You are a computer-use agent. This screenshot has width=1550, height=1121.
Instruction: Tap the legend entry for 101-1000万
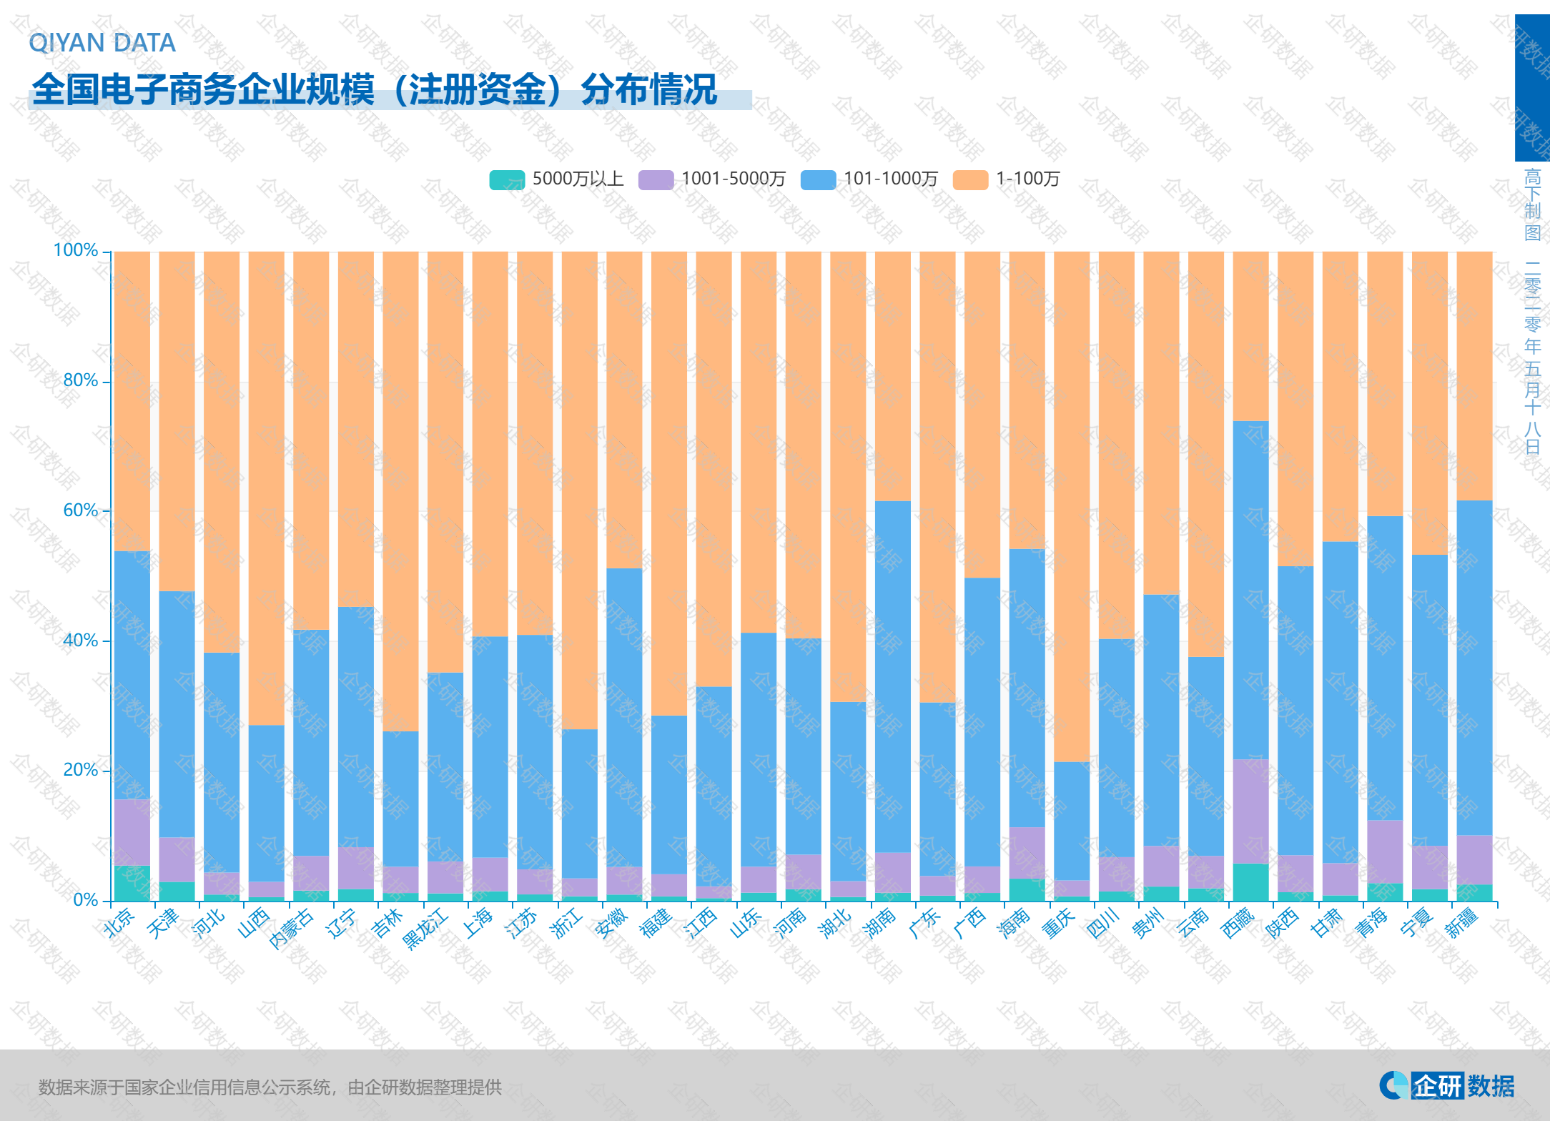869,179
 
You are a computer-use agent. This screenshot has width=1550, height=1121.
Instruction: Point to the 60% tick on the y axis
80,510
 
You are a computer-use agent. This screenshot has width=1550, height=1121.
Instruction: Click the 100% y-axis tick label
76,251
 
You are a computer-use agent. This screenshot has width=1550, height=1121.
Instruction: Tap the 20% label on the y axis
80,770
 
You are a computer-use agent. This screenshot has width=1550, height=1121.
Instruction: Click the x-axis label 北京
119,923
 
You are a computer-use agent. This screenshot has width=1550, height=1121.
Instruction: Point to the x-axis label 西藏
1238,923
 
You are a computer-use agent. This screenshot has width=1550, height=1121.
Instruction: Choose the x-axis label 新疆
1462,923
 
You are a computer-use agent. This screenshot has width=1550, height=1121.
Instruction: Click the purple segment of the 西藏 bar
1251,811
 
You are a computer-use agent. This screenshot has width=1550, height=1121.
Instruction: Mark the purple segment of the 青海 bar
1385,851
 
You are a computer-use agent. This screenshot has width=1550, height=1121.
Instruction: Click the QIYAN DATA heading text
102,43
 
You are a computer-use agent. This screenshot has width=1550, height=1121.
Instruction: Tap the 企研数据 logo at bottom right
1447,1085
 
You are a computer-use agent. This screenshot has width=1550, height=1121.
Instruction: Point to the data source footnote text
270,1087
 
